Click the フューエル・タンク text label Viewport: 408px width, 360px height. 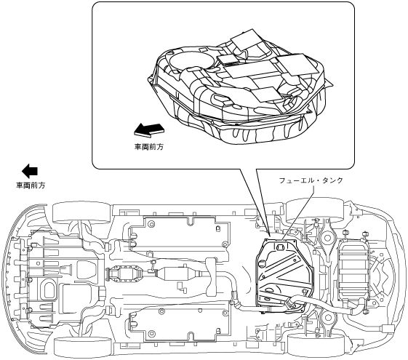(311, 180)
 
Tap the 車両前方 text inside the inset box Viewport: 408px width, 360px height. (149, 147)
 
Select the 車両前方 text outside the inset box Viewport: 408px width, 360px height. (31, 185)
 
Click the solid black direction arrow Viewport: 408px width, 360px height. (30, 171)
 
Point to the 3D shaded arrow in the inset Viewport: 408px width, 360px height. (149, 129)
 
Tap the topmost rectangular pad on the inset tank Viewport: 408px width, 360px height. (247, 39)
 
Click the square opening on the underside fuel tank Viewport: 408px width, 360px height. (281, 247)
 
